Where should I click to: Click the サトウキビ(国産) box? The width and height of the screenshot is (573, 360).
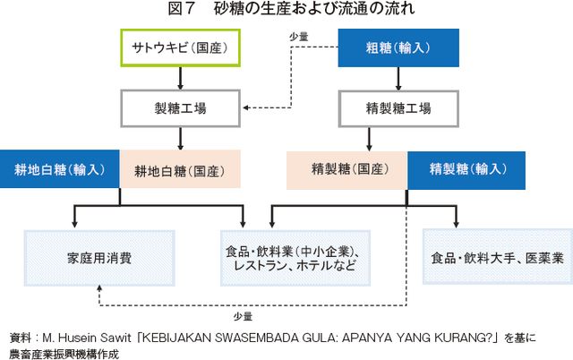181,47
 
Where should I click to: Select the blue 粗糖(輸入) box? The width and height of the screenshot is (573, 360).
398,47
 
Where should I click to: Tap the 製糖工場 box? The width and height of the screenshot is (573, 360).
181,108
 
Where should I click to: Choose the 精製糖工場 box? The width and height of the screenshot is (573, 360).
398,108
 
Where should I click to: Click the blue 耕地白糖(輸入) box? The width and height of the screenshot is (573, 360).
60,169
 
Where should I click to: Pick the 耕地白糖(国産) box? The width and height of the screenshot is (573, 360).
180,169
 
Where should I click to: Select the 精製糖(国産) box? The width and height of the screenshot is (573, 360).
346,170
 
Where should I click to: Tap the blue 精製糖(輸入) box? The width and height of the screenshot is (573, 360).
466,170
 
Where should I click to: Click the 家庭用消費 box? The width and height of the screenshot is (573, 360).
99,258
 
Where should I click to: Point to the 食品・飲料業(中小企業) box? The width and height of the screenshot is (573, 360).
295,258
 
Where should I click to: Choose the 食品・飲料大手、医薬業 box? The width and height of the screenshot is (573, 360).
498,257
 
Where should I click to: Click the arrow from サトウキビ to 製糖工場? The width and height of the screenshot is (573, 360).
180,78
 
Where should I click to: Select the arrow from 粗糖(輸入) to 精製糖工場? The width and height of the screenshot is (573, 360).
398,79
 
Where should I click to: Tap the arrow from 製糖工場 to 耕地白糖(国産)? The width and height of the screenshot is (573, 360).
180,139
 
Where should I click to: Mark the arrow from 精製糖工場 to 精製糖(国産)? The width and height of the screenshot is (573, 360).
369,139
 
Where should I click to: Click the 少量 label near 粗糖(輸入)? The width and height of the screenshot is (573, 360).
298,37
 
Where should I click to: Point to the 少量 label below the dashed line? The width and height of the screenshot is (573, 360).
243,316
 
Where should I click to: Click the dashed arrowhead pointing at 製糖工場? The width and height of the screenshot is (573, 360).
245,107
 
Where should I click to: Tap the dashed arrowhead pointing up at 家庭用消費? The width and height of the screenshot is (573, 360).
99,288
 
